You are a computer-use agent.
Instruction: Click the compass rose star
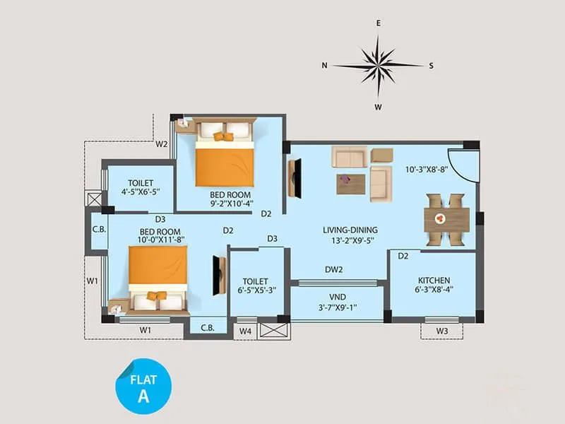(x=378, y=65)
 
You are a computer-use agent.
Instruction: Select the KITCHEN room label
(x=434, y=280)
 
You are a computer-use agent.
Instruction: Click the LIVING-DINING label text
(x=350, y=229)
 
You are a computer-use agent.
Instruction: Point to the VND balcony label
(x=337, y=296)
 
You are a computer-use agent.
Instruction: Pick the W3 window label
(x=441, y=330)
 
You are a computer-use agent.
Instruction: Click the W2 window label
(x=162, y=144)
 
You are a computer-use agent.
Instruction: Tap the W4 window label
(x=245, y=330)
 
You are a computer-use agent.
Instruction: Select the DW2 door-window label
(x=334, y=269)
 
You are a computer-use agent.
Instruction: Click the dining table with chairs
(x=446, y=219)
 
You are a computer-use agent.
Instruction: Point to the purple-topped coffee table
(x=351, y=183)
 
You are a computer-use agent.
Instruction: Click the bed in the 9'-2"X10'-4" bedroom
(x=224, y=153)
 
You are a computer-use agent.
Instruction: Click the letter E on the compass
(x=379, y=23)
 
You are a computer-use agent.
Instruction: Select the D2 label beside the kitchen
(x=403, y=256)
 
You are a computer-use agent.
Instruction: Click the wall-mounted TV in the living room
(x=295, y=178)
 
